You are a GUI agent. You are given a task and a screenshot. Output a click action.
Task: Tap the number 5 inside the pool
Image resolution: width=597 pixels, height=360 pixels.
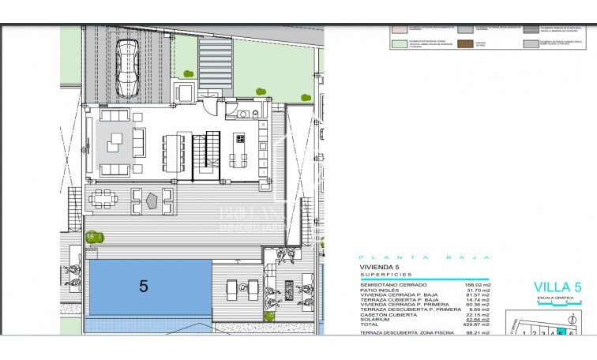coord(143,286)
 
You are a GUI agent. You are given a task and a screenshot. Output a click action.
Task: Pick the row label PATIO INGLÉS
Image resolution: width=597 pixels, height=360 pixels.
coord(378,290)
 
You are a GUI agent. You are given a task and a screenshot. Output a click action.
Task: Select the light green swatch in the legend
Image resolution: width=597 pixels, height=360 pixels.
coord(400,43)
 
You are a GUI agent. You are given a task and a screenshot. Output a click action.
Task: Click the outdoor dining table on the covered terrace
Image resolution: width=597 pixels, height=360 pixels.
coord(102,199)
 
